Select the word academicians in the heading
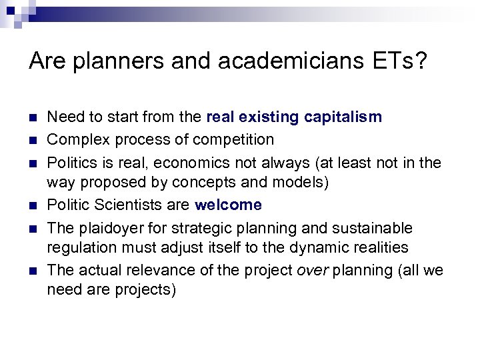[x=265, y=62]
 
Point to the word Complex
[x=76, y=139]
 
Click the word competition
[x=234, y=139]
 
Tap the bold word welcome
[x=228, y=205]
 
